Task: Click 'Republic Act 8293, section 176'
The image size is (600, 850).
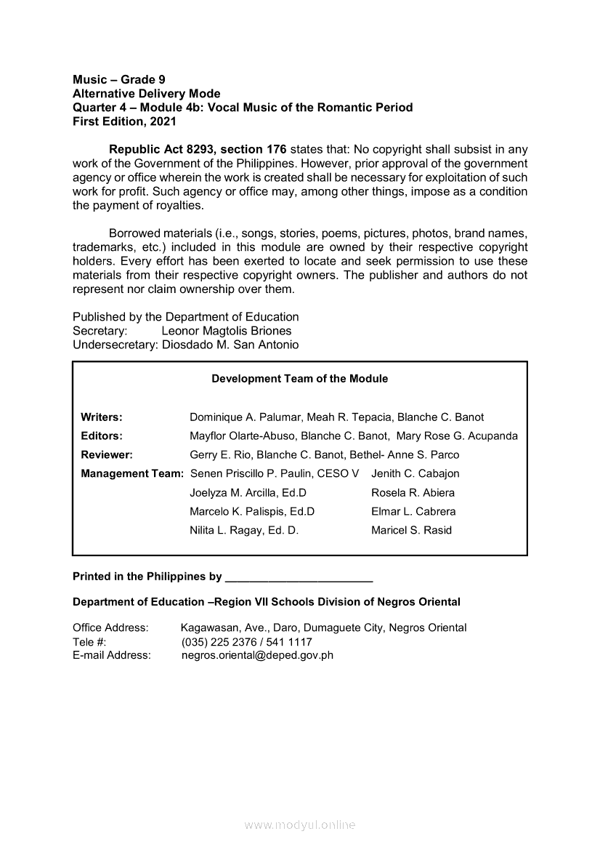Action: pos(198,150)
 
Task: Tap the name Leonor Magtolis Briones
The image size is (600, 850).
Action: pos(226,331)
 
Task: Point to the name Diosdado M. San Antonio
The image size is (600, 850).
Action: pos(230,345)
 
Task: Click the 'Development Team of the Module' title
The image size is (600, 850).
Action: pos(299,379)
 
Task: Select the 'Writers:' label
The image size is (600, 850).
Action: pos(101,417)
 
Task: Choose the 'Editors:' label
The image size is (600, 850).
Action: pos(101,436)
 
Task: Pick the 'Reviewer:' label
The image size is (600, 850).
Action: pos(106,455)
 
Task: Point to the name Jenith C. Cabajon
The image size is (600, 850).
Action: pos(415,474)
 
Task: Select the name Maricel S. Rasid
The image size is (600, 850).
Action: pos(411,531)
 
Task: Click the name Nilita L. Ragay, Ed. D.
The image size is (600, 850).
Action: pos(244,531)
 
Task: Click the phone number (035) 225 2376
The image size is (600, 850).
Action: pos(216,642)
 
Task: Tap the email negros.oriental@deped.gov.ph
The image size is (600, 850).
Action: pos(257,655)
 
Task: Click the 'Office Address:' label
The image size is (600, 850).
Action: pos(110,628)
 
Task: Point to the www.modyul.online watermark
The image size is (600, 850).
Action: pos(300,825)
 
